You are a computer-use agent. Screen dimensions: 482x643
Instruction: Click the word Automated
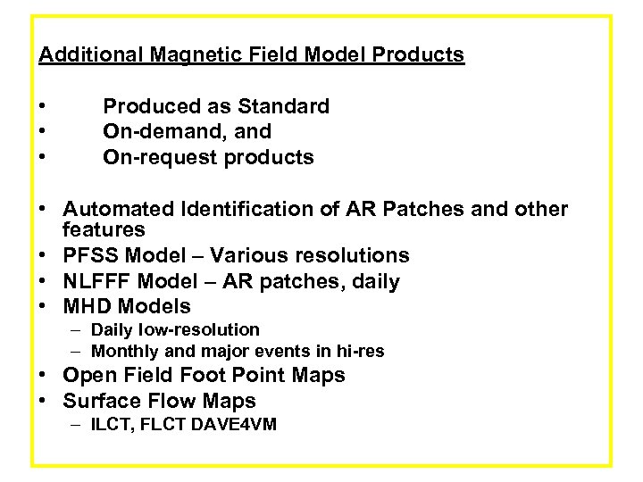coord(119,210)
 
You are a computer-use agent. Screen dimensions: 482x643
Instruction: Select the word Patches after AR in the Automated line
coord(407,210)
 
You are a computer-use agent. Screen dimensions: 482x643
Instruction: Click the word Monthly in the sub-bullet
coord(126,352)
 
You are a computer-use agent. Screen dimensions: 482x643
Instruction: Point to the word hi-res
coord(356,352)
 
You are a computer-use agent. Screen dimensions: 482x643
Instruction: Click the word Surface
coord(104,402)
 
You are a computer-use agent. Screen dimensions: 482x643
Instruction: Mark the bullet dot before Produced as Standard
coord(43,107)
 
